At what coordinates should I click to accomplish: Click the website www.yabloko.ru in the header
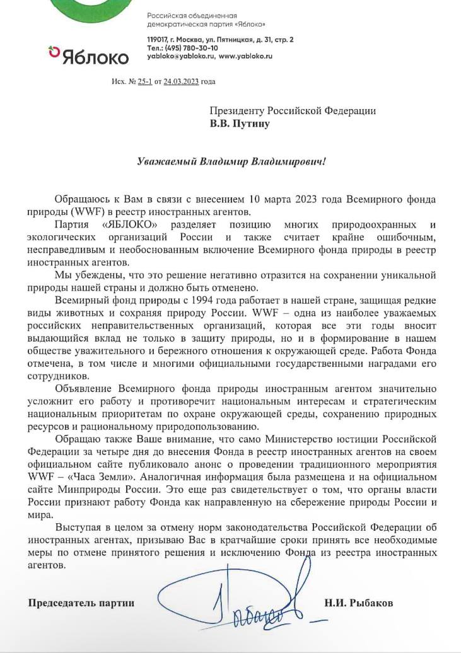[x=245, y=56]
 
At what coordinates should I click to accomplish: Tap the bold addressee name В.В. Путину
[x=240, y=124]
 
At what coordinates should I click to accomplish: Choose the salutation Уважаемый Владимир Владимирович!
[x=232, y=161]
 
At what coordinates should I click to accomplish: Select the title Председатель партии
[x=81, y=603]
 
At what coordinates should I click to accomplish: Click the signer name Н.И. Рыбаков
[x=358, y=603]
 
